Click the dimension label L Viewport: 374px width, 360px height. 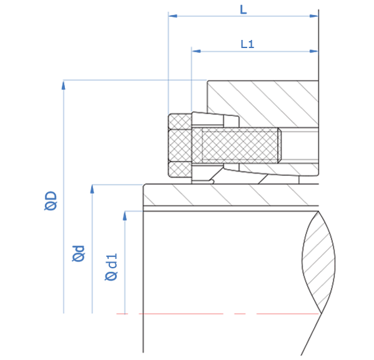pyautogui.click(x=244, y=10)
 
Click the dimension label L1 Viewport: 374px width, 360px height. pyautogui.click(x=247, y=44)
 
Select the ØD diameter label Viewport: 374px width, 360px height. pyautogui.click(x=51, y=201)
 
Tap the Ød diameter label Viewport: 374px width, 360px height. pyautogui.click(x=79, y=253)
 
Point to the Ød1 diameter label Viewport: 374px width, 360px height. pyautogui.click(x=111, y=267)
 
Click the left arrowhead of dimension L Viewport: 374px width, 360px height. pyautogui.click(x=173, y=16)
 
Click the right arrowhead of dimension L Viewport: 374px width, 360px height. pyautogui.click(x=314, y=16)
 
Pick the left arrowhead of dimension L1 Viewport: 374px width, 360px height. pyautogui.click(x=196, y=51)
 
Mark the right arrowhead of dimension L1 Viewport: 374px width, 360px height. pyautogui.click(x=314, y=51)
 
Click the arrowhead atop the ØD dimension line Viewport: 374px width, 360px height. pyautogui.click(x=64, y=85)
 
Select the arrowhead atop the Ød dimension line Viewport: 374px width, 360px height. pyautogui.click(x=92, y=189)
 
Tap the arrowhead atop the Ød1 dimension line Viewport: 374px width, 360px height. pyautogui.click(x=124, y=216)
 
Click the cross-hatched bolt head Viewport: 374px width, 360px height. pyautogui.click(x=180, y=145)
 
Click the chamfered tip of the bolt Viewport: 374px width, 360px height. pyautogui.click(x=280, y=145)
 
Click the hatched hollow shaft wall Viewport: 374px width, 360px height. pyautogui.click(x=230, y=195)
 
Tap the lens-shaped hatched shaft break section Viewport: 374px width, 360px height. pyautogui.click(x=318, y=262)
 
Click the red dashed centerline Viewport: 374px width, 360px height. pyautogui.click(x=218, y=314)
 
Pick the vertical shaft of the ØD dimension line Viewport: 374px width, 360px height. pyautogui.click(x=64, y=197)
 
